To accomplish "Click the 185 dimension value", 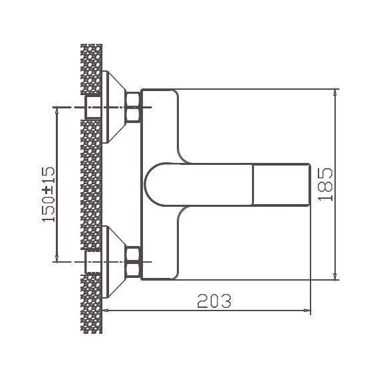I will [x=325, y=184].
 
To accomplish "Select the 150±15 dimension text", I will [x=49, y=195].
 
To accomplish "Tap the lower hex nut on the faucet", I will [x=133, y=261].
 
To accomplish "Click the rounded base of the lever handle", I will [x=160, y=184].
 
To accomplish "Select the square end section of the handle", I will [x=283, y=184].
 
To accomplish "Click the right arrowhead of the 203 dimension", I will [x=307, y=310].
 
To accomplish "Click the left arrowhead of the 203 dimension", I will [x=110, y=310].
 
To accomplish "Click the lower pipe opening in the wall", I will [x=92, y=262].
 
